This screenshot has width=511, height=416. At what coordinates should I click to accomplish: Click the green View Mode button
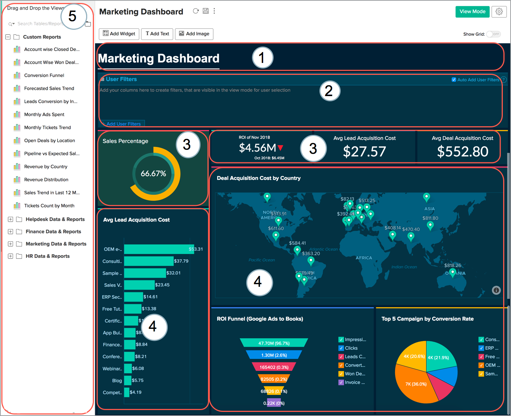(x=472, y=12)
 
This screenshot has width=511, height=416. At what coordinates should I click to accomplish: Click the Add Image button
(x=194, y=34)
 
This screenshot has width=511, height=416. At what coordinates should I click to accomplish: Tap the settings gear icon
(x=499, y=12)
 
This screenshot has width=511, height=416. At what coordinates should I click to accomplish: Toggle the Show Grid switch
(x=493, y=34)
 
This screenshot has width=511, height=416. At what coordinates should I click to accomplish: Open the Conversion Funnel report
(x=44, y=75)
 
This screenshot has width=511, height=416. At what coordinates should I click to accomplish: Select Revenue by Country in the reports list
(x=45, y=166)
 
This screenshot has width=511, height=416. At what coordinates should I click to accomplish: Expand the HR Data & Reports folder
(x=10, y=256)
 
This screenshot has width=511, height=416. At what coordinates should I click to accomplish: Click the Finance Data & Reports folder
(x=53, y=232)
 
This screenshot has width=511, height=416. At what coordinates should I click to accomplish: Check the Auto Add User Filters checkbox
(x=454, y=80)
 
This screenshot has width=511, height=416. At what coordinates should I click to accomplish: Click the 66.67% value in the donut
(x=153, y=174)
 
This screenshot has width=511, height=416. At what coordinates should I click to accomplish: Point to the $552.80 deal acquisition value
(x=463, y=152)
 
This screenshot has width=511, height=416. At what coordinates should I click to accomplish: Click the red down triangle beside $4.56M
(x=281, y=148)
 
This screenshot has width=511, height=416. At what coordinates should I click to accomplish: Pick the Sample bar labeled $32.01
(x=145, y=273)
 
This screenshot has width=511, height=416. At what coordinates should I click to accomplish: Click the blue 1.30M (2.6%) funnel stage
(x=274, y=355)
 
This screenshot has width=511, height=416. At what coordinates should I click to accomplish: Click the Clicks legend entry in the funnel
(x=351, y=348)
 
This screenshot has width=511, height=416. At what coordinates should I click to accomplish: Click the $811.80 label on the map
(x=430, y=218)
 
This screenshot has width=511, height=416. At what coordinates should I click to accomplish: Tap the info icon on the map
(x=496, y=290)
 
